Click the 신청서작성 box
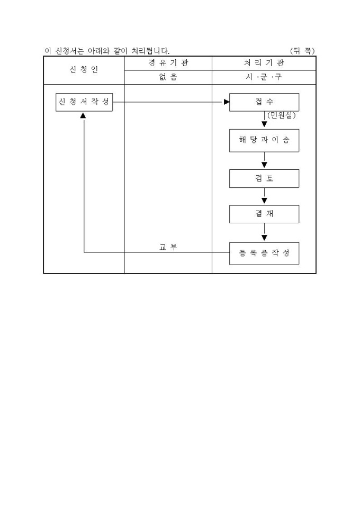pyautogui.click(x=84, y=102)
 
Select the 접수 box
pyautogui.click(x=264, y=102)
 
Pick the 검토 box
pyautogui.click(x=264, y=178)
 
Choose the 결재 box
pyautogui.click(x=264, y=214)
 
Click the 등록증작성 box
pyautogui.click(x=264, y=252)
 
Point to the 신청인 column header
pyautogui.click(x=84, y=70)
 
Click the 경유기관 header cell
pyautogui.click(x=168, y=63)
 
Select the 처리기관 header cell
pyautogui.click(x=264, y=63)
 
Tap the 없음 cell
pyautogui.click(x=168, y=77)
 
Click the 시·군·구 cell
pyautogui.click(x=264, y=77)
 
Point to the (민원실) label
pyautogui.click(x=281, y=115)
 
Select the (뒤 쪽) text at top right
pyautogui.click(x=302, y=51)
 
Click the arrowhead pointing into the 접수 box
pyautogui.click(x=227, y=102)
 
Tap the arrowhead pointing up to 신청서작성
pyautogui.click(x=83, y=115)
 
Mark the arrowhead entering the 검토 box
pyautogui.click(x=264, y=166)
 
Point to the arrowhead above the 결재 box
pyautogui.click(x=264, y=201)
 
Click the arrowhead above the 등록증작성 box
pyautogui.click(x=264, y=238)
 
